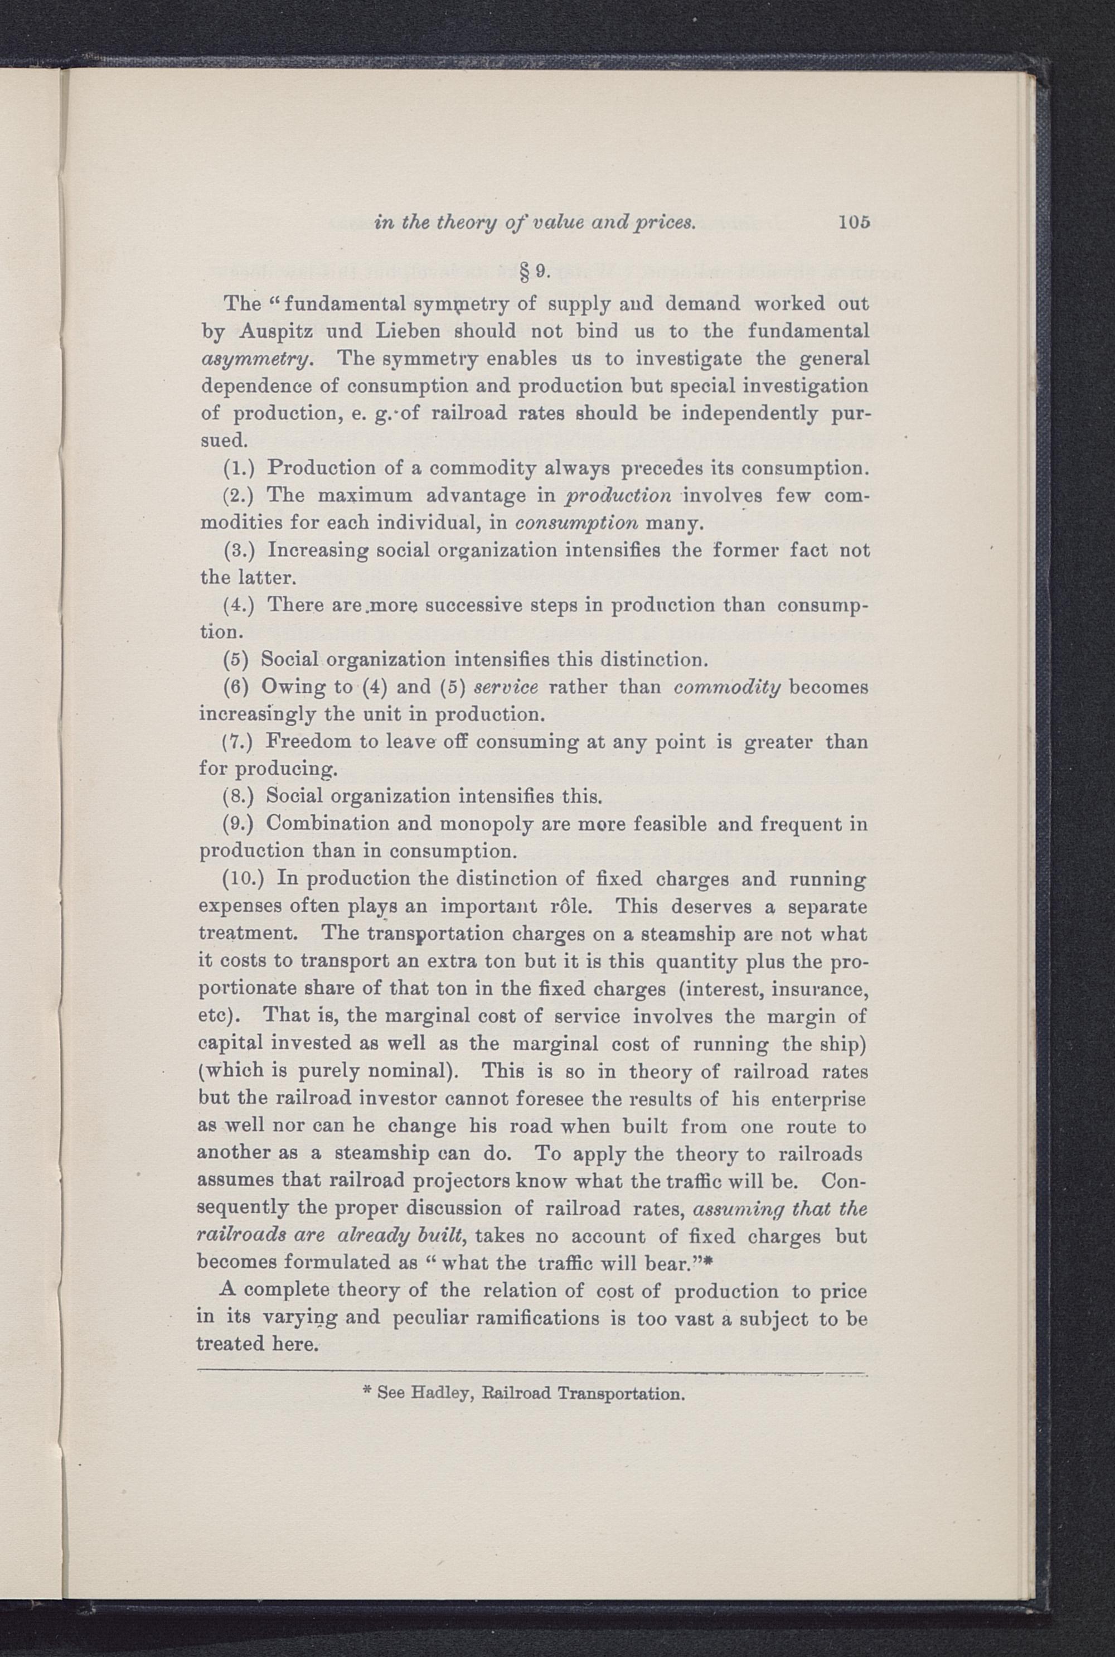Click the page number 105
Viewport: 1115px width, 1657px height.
click(854, 222)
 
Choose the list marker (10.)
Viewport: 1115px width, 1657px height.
click(244, 879)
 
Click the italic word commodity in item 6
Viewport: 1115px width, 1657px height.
click(727, 688)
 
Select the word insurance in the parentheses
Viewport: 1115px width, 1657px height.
click(817, 989)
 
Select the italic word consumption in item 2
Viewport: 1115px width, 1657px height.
click(575, 524)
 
